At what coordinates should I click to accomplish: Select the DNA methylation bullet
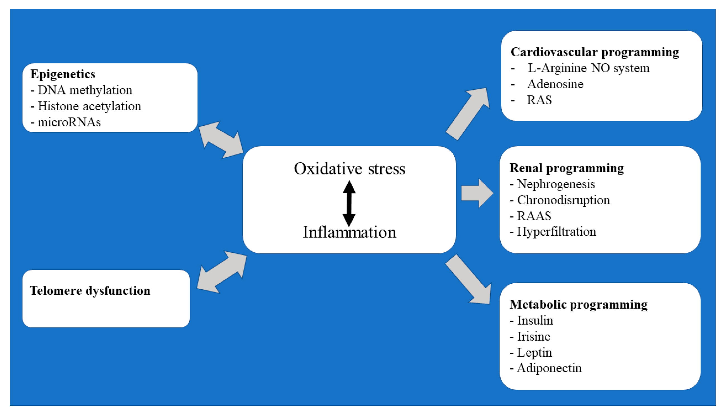tap(82, 90)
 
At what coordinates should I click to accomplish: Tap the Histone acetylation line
tap(86, 106)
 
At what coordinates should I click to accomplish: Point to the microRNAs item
tap(66, 122)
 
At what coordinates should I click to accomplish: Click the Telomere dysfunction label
tap(90, 291)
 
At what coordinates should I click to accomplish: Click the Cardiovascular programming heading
tap(595, 52)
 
